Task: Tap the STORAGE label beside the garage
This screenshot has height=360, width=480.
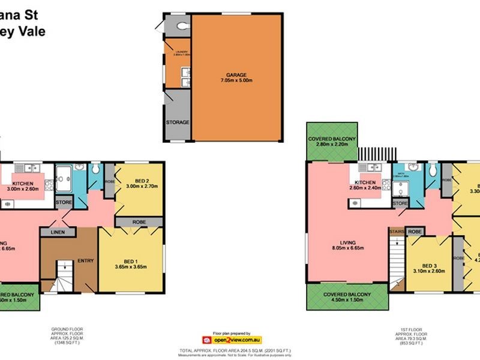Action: pyautogui.click(x=178, y=122)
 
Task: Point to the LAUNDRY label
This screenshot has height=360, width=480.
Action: pyautogui.click(x=181, y=52)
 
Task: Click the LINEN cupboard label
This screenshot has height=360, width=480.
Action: pyautogui.click(x=58, y=232)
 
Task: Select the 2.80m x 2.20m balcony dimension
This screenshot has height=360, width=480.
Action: pyautogui.click(x=332, y=145)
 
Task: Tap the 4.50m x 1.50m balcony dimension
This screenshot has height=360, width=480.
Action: pyautogui.click(x=346, y=301)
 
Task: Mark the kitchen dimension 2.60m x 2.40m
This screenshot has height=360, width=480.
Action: pyautogui.click(x=364, y=188)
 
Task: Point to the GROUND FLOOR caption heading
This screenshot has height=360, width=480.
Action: pyautogui.click(x=67, y=329)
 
